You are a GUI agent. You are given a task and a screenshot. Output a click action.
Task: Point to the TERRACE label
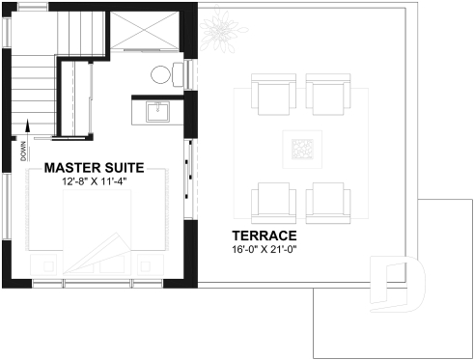tap(263, 235)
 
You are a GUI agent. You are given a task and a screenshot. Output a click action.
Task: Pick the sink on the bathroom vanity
tap(157, 112)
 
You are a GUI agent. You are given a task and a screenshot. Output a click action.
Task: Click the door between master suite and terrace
tap(188, 160)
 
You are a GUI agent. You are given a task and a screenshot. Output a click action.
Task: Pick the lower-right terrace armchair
tap(325, 200)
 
